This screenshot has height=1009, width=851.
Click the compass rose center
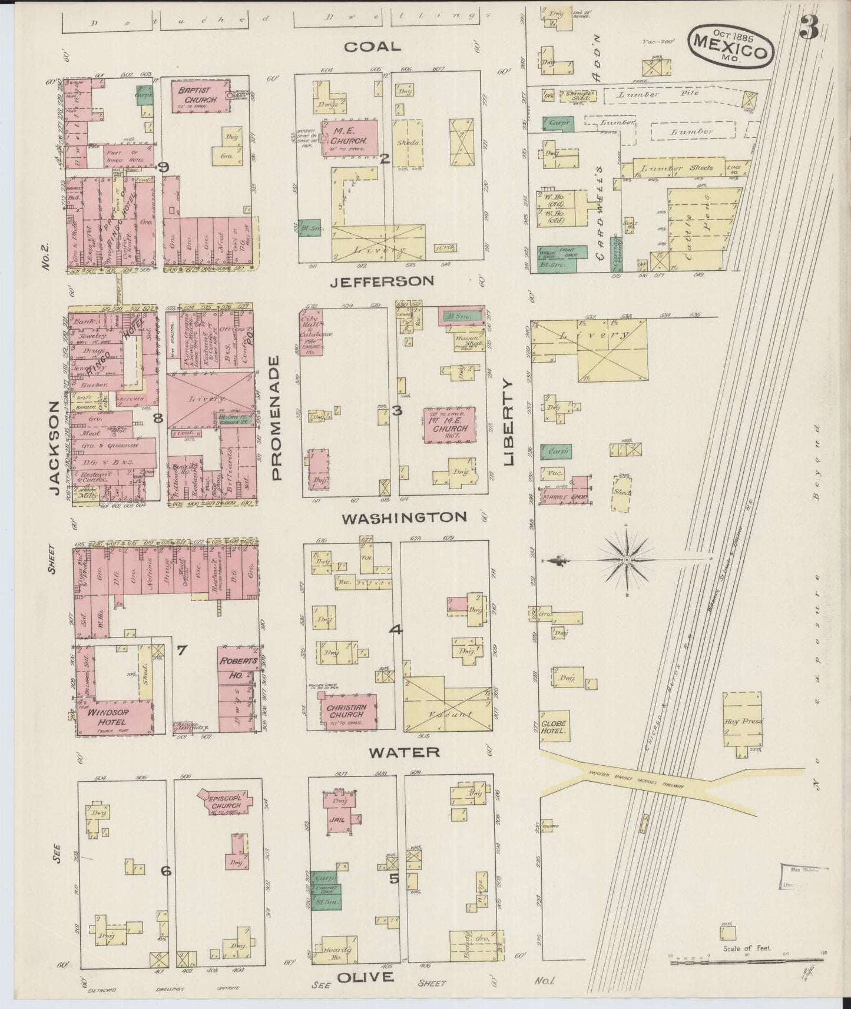coord(628,560)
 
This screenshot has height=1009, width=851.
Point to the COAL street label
coord(372,47)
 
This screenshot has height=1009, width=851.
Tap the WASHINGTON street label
coord(405,517)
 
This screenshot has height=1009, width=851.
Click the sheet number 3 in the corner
coord(809,28)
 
